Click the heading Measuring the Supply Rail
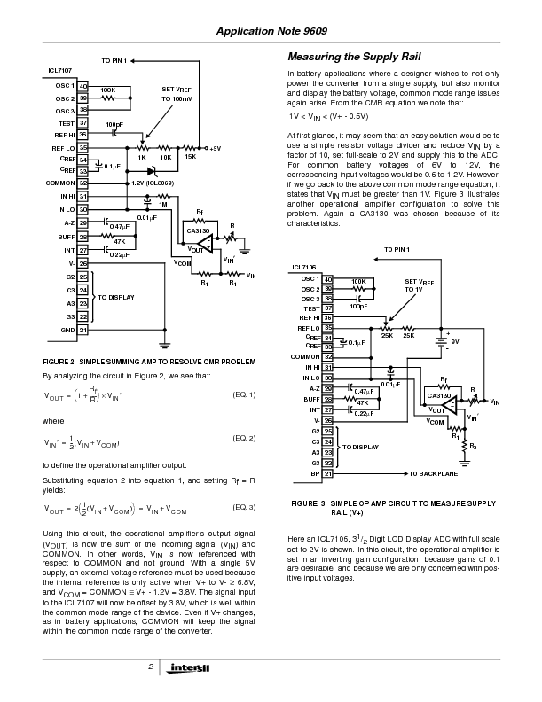tap(349, 57)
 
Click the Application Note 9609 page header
tap(271, 31)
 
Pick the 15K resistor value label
tap(190, 156)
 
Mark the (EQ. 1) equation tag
tap(243, 394)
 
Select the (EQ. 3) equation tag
tap(243, 507)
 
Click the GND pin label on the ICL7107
tap(67, 330)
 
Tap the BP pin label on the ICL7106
tap(315, 474)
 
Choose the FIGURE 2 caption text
tap(149, 362)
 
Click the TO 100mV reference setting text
tap(177, 99)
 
